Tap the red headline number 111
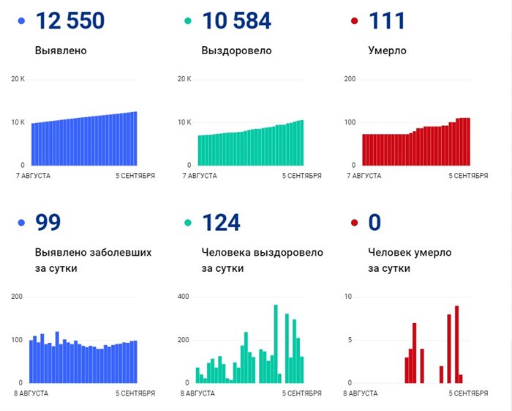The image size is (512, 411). (x=388, y=21)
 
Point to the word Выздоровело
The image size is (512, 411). (x=236, y=51)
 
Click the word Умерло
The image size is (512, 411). (x=387, y=51)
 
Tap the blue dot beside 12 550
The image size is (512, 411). (x=21, y=21)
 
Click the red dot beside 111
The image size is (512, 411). (x=355, y=21)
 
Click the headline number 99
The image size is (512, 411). (x=48, y=223)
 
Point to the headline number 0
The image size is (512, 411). (x=376, y=223)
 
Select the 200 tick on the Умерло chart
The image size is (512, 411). (x=350, y=78)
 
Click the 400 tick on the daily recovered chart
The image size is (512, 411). (x=184, y=296)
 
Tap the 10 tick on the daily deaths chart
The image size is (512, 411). (x=349, y=296)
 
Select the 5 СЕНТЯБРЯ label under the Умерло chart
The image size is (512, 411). (x=467, y=176)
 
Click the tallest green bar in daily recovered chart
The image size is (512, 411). (x=276, y=343)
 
